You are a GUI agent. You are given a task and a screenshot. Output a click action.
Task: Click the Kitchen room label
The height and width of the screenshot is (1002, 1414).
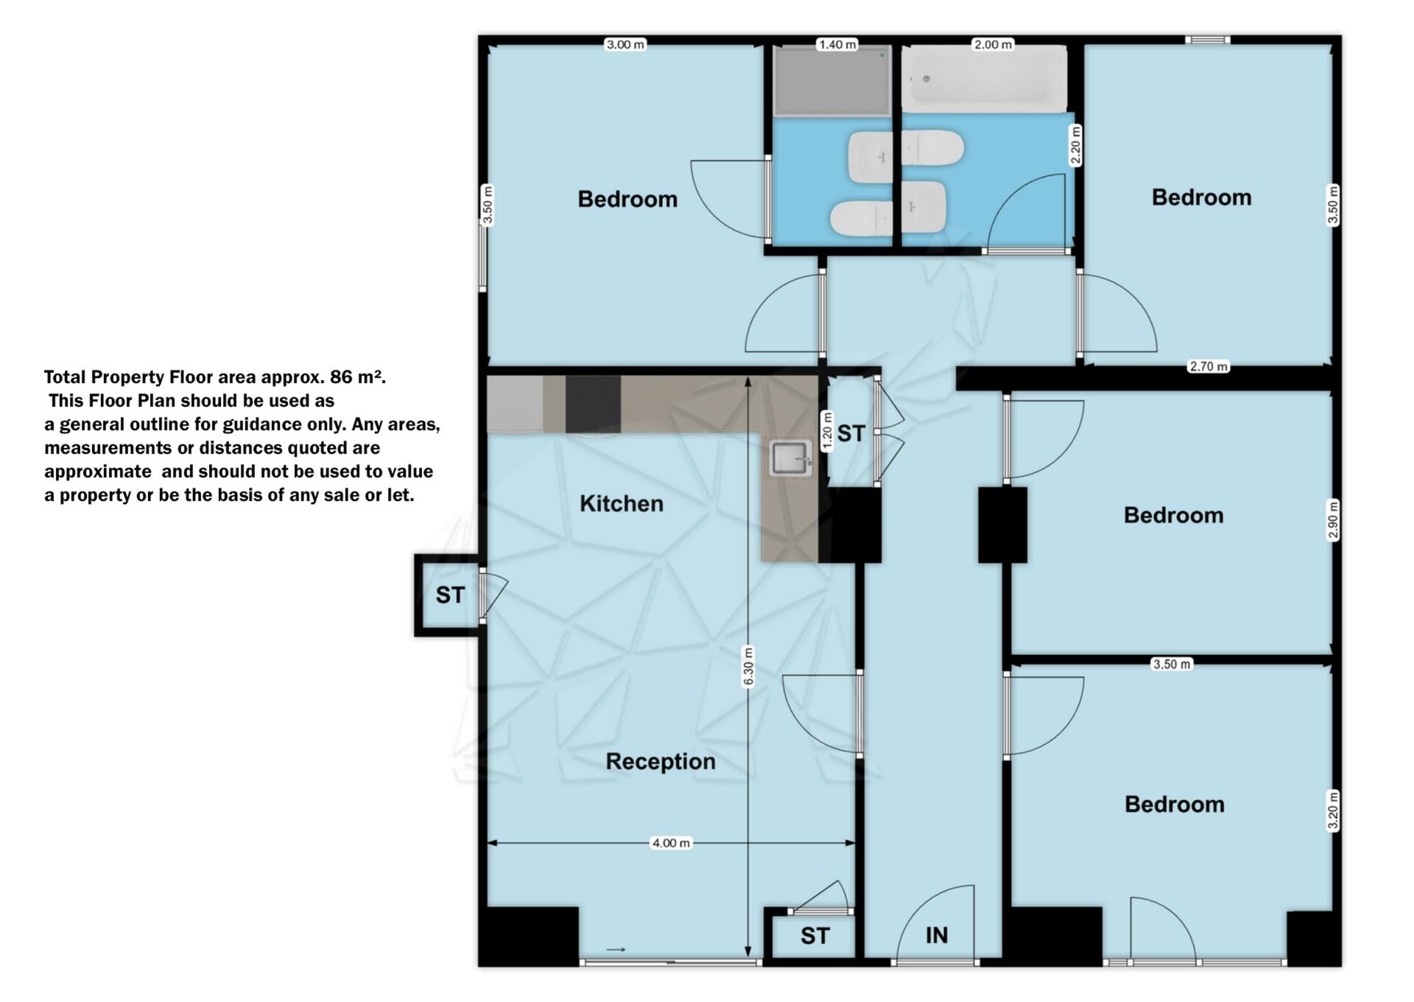coord(622,504)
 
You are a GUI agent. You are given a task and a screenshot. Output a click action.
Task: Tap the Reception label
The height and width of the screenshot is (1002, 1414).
coord(661,762)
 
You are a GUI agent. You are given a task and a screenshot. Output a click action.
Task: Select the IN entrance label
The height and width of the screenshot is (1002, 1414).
coord(936,936)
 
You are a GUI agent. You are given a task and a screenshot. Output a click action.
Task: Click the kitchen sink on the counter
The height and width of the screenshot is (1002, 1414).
coord(791,458)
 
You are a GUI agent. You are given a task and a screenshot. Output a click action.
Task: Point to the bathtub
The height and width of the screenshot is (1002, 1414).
coord(984,79)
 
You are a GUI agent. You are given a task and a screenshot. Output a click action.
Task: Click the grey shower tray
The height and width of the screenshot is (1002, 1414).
coord(832,80)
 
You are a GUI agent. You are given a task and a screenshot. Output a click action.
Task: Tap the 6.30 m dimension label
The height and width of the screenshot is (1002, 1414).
coord(748,666)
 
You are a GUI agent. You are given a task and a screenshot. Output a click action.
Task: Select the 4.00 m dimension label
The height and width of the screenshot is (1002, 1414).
coord(671,843)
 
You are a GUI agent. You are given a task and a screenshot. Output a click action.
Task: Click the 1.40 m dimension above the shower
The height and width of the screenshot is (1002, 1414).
coord(838,45)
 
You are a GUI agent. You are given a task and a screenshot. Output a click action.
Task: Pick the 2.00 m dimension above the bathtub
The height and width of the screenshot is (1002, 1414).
coord(993,45)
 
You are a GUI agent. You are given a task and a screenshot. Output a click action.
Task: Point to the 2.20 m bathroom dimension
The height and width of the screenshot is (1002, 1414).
coord(1075,146)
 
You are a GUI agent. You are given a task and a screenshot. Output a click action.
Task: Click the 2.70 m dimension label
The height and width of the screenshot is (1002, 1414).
coord(1209,366)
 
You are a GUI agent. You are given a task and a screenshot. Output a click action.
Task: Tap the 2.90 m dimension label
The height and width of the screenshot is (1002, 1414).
coord(1333,520)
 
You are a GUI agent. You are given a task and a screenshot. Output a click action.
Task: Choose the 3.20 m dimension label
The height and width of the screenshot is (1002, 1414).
coord(1333,810)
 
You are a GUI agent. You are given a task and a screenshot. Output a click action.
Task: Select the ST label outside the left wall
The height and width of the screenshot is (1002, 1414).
coord(450,595)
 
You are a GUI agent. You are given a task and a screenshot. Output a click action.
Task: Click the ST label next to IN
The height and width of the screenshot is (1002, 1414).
coord(815,936)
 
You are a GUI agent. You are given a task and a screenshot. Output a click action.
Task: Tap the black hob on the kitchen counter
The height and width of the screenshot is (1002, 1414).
coord(593,404)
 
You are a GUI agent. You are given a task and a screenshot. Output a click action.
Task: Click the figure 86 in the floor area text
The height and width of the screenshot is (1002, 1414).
coord(341,377)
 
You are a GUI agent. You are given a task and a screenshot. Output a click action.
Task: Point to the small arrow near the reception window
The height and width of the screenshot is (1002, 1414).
coord(616,950)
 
